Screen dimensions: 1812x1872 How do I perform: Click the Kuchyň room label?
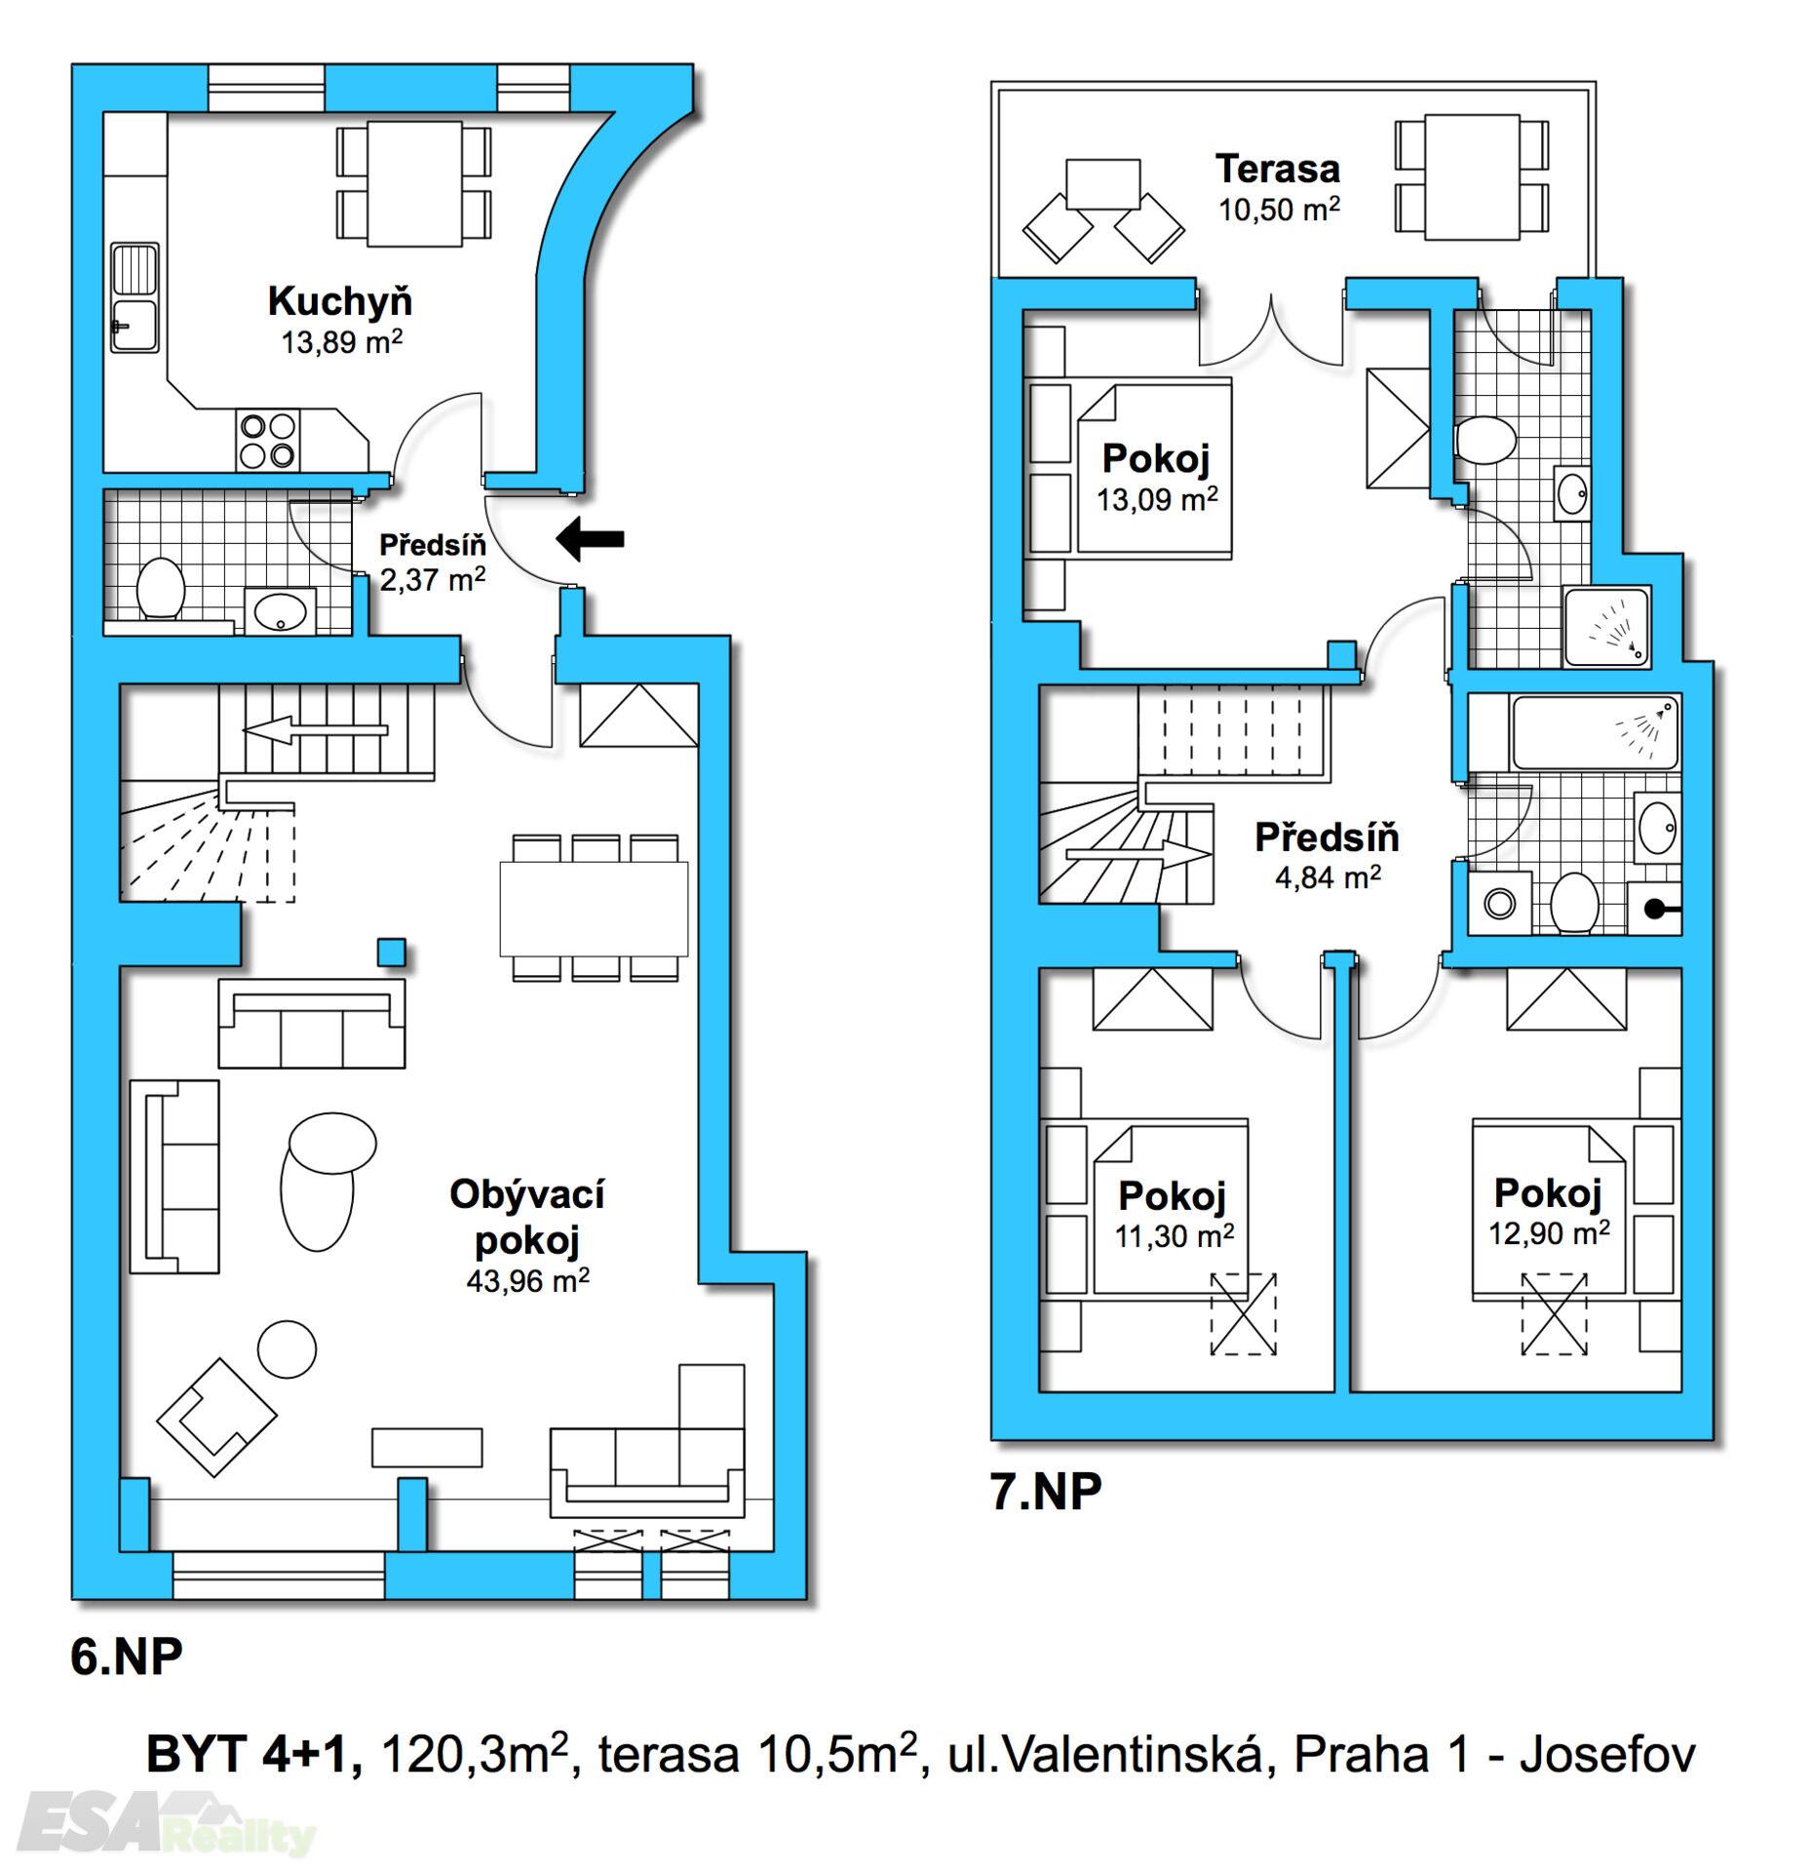340,301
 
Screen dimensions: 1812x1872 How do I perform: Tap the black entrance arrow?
589,538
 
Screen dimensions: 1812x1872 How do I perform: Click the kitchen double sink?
135,297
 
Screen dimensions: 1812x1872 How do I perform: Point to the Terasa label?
1277,169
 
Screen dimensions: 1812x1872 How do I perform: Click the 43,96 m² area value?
527,1281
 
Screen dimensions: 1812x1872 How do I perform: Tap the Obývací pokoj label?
527,1217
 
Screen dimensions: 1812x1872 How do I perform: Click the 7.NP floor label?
1046,1491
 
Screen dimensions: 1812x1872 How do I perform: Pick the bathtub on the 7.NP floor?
1596,731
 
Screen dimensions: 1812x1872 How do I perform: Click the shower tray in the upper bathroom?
1606,626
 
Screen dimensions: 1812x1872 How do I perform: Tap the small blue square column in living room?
392,952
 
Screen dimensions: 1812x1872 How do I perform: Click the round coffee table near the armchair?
287,1348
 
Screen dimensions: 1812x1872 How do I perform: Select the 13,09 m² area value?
1157,499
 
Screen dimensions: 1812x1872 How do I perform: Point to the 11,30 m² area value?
1175,1235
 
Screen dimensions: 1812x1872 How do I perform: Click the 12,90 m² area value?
1549,1232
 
